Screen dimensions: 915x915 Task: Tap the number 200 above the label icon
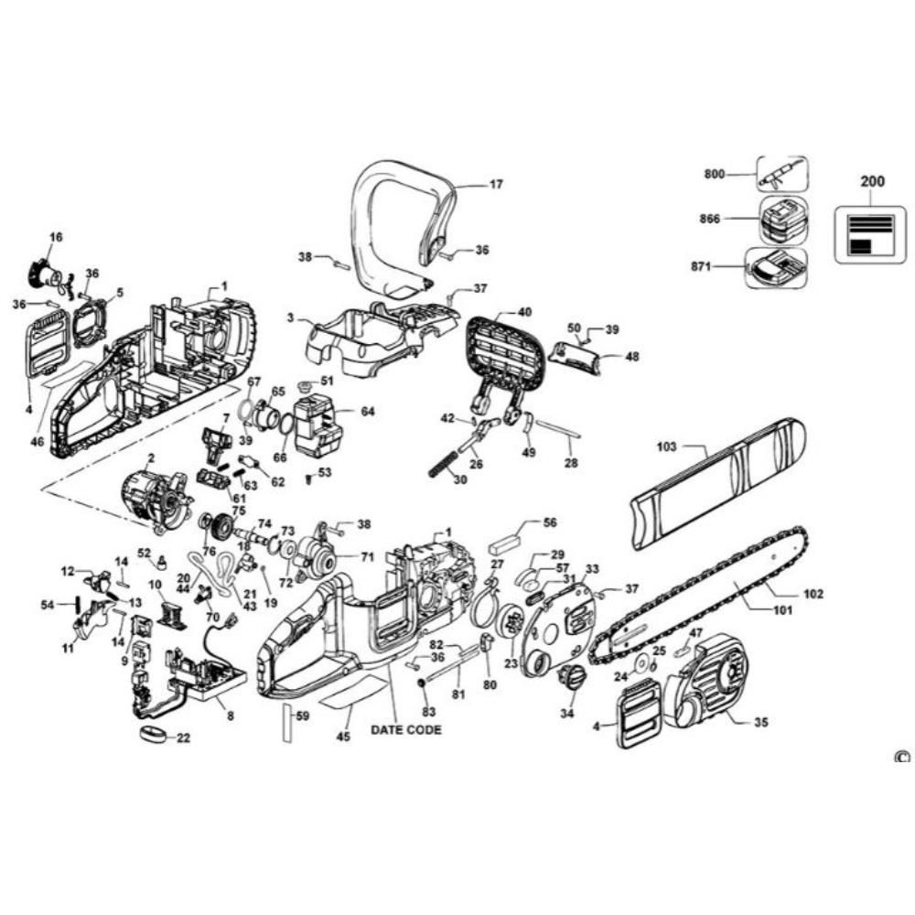click(x=872, y=181)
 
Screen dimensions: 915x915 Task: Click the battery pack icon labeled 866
click(x=780, y=220)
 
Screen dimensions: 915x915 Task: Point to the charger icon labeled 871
click(x=777, y=267)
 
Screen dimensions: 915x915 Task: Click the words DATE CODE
click(x=405, y=729)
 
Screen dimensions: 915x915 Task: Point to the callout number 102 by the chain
click(x=813, y=594)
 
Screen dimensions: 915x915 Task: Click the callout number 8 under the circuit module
click(x=230, y=716)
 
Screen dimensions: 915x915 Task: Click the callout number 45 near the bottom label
click(x=344, y=736)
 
